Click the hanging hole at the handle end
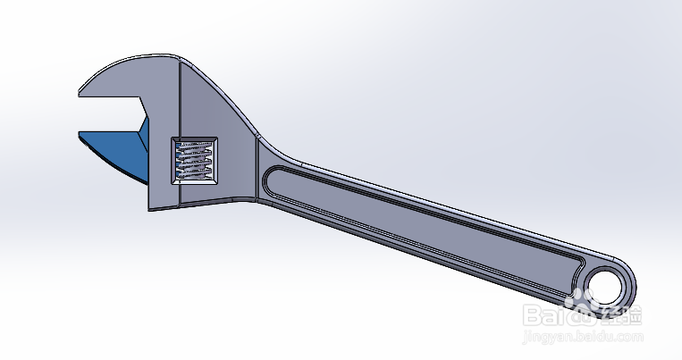pos(608,286)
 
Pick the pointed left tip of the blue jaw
pos(81,135)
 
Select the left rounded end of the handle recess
pos(271,182)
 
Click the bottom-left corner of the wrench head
pos(150,210)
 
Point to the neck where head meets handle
pos(257,170)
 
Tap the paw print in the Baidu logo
pos(585,313)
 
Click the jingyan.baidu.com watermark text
pos(582,339)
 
